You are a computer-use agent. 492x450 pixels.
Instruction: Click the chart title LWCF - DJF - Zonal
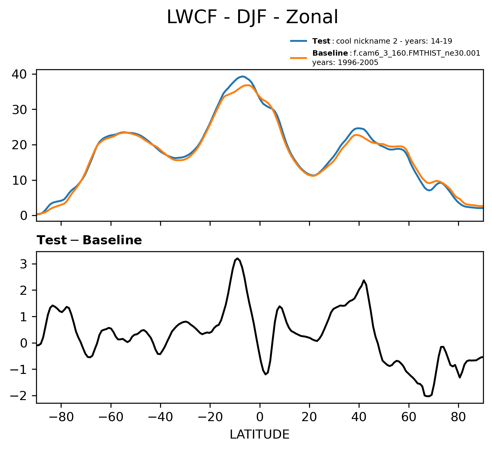click(x=252, y=17)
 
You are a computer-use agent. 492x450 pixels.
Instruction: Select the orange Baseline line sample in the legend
click(x=299, y=57)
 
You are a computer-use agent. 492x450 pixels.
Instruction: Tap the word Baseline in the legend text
click(x=330, y=54)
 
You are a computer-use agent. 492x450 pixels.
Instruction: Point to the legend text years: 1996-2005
click(x=345, y=63)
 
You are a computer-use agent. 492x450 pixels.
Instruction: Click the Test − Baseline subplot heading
click(x=89, y=240)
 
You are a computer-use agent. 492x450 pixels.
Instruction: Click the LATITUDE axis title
click(x=260, y=435)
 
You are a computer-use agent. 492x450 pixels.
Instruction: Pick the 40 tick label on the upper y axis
click(x=19, y=74)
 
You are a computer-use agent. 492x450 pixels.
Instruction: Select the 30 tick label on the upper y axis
click(x=19, y=109)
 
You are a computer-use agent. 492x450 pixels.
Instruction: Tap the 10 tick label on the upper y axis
click(x=19, y=180)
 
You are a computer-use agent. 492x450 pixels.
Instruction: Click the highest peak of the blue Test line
click(x=243, y=76)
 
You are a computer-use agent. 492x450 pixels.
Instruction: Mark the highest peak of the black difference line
click(x=238, y=258)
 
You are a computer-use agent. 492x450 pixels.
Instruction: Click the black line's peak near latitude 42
click(x=364, y=280)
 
